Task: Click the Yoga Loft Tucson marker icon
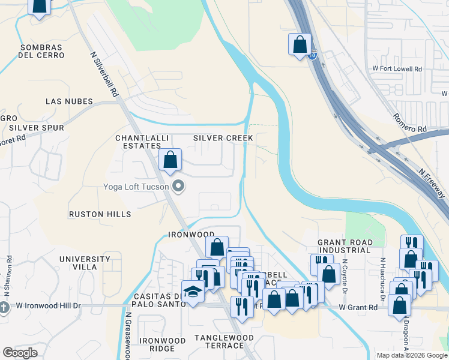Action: pyautogui.click(x=177, y=186)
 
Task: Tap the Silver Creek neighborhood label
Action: pyautogui.click(x=223, y=138)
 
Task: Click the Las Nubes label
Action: pyautogui.click(x=70, y=101)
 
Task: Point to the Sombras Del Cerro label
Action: pyautogui.click(x=42, y=51)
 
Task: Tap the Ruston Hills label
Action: pyautogui.click(x=100, y=214)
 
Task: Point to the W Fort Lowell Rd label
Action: pyautogui.click(x=397, y=69)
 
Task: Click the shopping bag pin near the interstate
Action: pyautogui.click(x=300, y=46)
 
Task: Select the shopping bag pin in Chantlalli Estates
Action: pyautogui.click(x=170, y=160)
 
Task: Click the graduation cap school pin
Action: pyautogui.click(x=192, y=292)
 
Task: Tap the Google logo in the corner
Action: pyautogui.click(x=20, y=352)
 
